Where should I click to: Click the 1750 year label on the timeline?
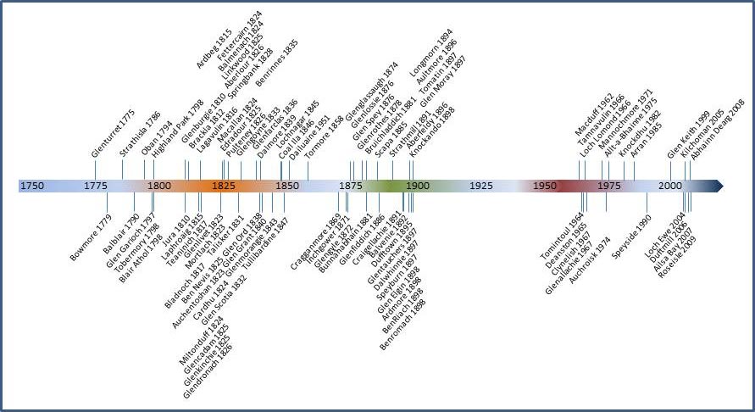click(x=32, y=186)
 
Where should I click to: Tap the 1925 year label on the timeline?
click(x=480, y=186)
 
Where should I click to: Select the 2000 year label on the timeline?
click(x=670, y=186)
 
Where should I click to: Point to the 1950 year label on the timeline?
click(x=545, y=186)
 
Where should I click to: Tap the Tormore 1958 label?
click(x=324, y=139)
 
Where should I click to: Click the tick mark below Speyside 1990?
click(x=647, y=203)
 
